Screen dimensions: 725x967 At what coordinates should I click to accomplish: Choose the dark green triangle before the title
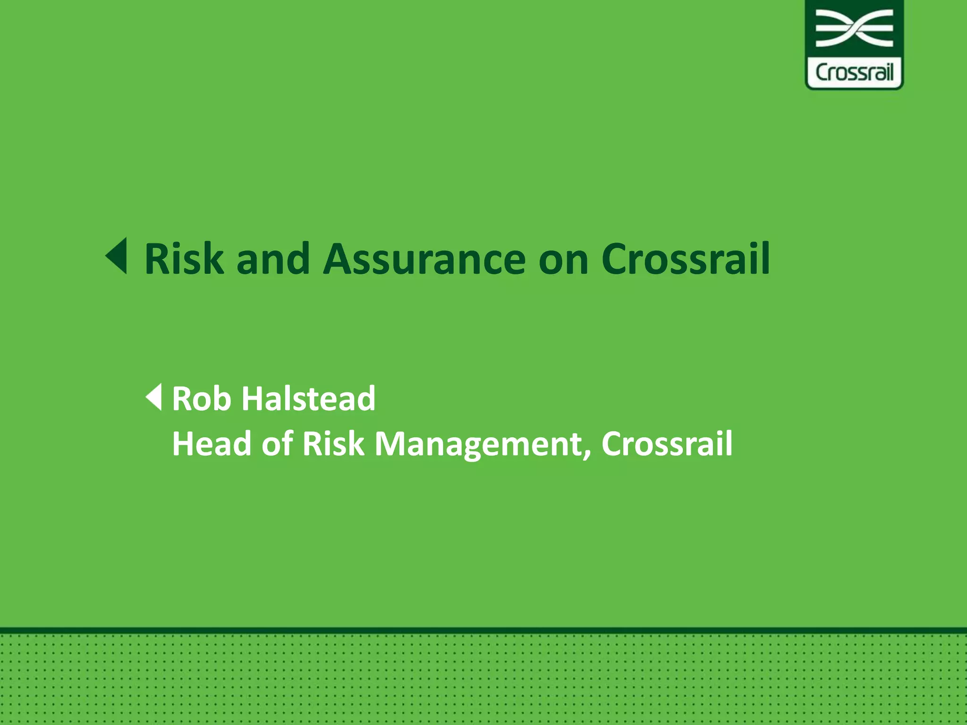(x=117, y=256)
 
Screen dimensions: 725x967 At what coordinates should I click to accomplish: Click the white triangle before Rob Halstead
(x=154, y=397)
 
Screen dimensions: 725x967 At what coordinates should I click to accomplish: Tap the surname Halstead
(x=308, y=399)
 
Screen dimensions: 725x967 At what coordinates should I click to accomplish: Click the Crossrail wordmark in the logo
(x=854, y=73)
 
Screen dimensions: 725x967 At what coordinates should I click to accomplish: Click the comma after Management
(x=587, y=455)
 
